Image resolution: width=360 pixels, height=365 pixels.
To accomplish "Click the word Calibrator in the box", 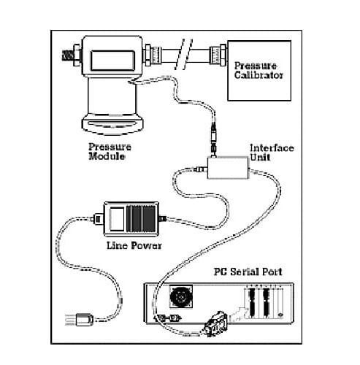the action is coord(258,75).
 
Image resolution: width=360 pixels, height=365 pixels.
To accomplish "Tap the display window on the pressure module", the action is coord(112,61).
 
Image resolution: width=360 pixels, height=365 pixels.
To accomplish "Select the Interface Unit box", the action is coord(228,168).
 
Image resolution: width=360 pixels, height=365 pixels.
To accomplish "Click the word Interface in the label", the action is coord(272,148).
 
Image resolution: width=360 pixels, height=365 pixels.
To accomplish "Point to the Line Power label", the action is coord(134,245).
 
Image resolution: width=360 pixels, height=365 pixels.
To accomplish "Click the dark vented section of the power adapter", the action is coord(141,219).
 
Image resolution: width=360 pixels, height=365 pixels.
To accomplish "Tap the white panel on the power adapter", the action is coord(117,219).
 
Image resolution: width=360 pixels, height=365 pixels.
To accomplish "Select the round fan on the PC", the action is coord(181,297).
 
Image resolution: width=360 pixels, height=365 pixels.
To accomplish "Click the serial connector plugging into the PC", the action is coord(215,324).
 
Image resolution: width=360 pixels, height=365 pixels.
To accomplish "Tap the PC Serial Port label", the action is coord(248,272).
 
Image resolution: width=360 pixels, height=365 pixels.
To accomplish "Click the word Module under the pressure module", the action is coord(107,156).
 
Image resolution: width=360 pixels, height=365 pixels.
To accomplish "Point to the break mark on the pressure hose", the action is coord(184,54).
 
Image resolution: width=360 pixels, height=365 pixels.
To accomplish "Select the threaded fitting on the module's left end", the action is coord(71,55).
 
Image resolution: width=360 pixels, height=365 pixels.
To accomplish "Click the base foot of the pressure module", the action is coord(112,125).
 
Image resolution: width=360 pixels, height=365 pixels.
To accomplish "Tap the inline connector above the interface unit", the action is coord(213,139).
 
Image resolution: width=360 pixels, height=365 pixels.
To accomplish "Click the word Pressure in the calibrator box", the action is coord(256,66).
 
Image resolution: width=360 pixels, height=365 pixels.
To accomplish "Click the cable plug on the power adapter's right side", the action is coord(162,218).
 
